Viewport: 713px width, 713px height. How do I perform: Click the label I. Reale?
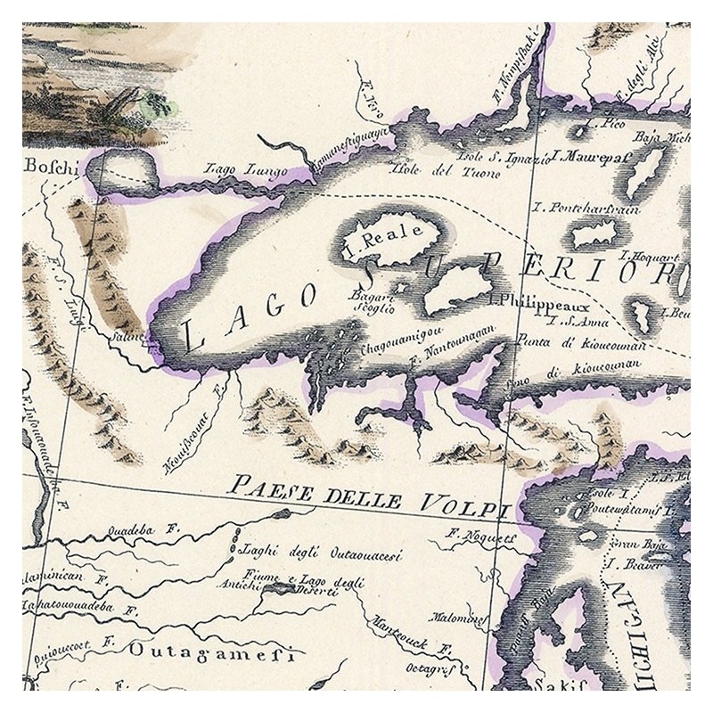pyautogui.click(x=381, y=238)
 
